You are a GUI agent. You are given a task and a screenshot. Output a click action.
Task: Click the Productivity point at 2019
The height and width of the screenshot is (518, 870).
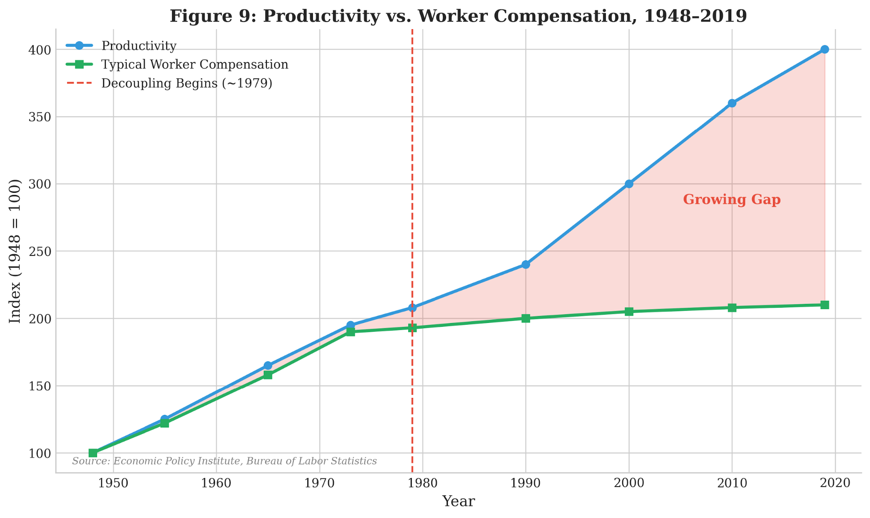point(824,49)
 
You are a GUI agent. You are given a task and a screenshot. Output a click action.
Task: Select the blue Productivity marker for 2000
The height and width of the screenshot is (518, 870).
point(629,184)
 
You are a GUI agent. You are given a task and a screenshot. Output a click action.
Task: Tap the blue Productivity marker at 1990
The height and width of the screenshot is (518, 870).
point(526,264)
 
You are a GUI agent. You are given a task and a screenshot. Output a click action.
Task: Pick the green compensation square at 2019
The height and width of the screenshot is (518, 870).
point(824,305)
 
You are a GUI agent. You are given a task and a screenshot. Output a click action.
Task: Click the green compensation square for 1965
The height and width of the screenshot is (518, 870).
point(268,375)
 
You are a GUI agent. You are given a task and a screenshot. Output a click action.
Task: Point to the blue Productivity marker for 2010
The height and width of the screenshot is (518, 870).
point(732,103)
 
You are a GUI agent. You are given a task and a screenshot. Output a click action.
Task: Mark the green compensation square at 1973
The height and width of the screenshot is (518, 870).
point(350,332)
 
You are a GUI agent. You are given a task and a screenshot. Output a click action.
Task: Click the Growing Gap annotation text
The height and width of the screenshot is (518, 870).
point(732,200)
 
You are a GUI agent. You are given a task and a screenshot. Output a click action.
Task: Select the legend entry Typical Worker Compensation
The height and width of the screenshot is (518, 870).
point(195,64)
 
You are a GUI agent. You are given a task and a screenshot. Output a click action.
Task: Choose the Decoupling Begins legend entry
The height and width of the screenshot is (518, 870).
point(187,83)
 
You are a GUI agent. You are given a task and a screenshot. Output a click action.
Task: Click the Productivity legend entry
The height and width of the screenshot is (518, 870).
point(138,46)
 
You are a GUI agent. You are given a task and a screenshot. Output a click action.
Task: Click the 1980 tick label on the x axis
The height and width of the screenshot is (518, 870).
point(423,483)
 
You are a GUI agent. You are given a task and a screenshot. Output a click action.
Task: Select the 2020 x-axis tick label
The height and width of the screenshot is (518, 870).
point(835,483)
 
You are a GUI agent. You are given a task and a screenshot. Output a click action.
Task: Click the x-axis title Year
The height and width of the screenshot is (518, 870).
point(458,501)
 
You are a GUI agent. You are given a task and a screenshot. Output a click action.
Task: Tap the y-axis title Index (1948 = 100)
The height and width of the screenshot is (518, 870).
point(15,251)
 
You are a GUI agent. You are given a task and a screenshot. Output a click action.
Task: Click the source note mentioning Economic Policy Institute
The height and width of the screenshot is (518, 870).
point(224,461)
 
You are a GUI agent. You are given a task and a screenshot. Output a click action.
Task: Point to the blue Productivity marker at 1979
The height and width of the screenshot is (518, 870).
point(412,307)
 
